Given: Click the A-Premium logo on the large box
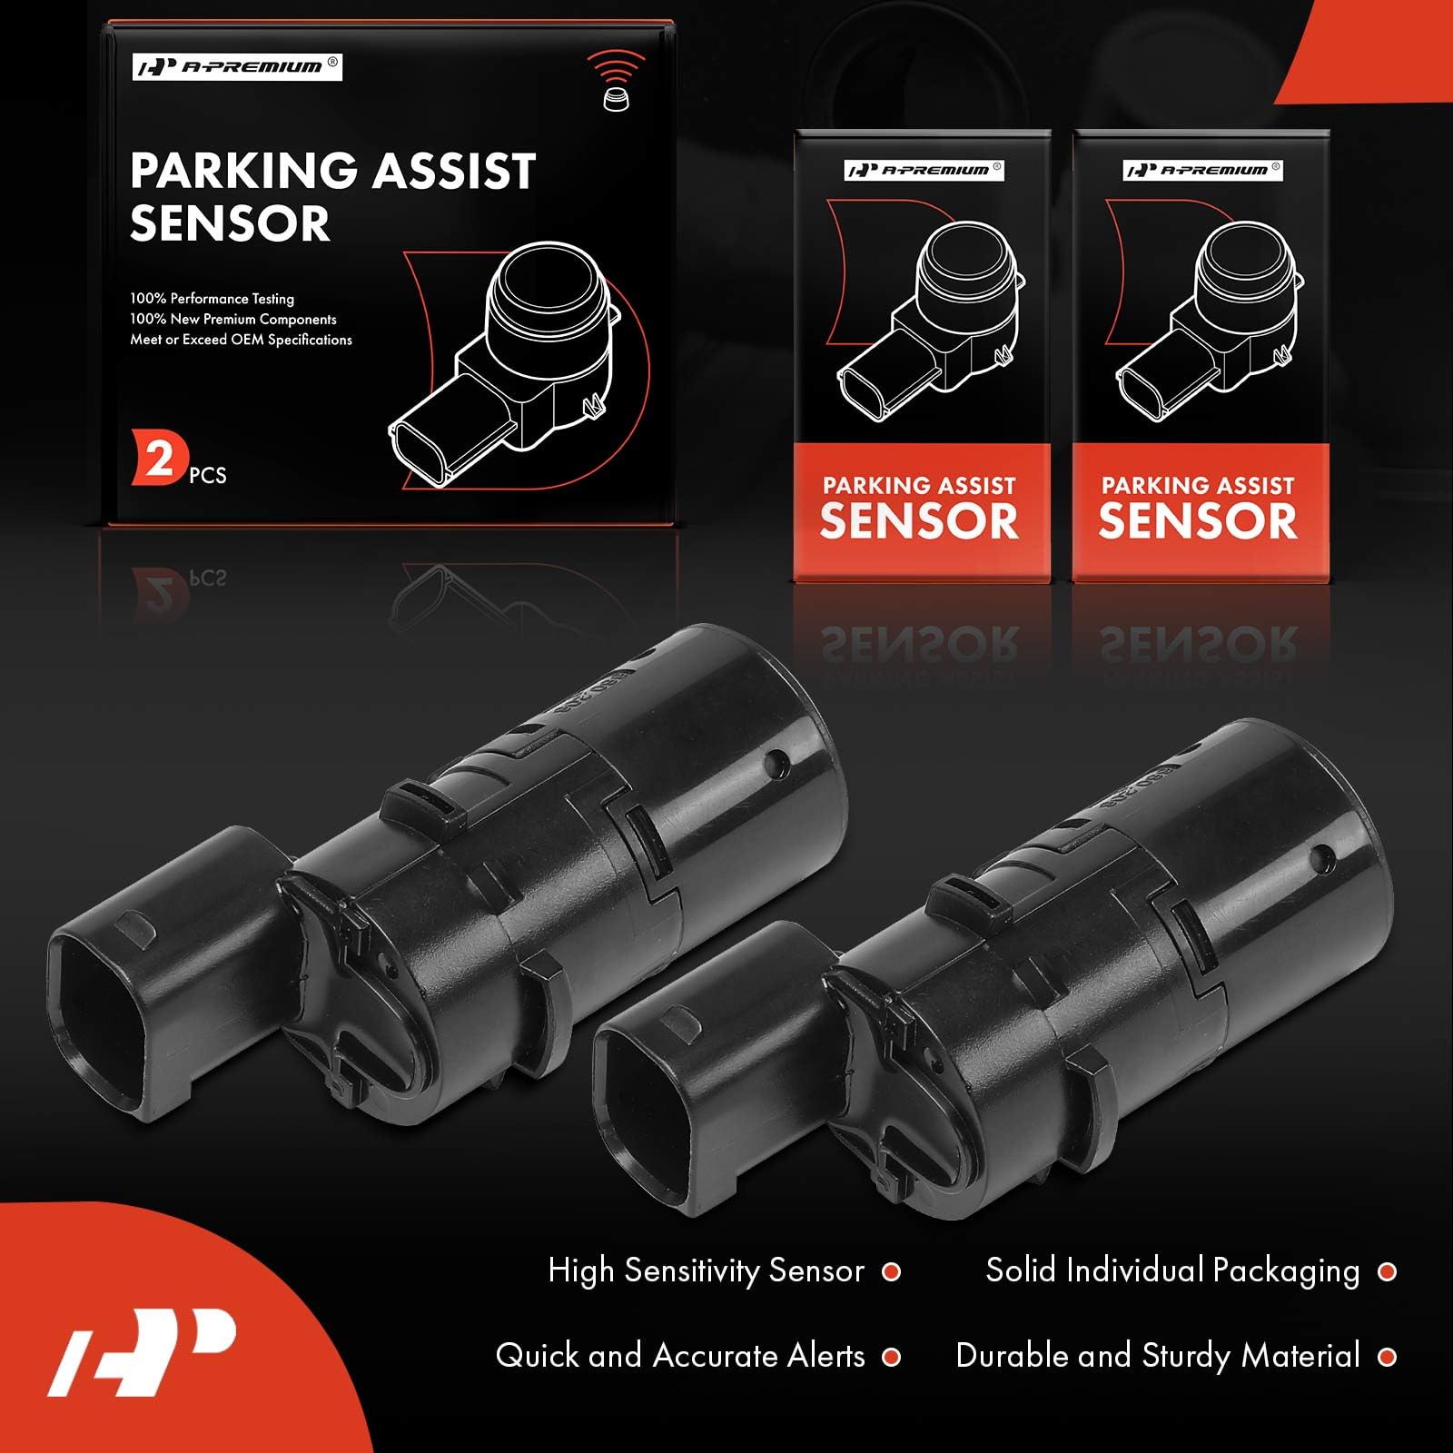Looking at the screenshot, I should point(237,67).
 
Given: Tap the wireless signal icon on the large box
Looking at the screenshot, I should point(616,80).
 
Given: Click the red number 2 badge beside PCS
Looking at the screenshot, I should point(160,459).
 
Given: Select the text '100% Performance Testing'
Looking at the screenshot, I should point(212,298).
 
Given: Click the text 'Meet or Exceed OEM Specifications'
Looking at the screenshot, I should point(241,340).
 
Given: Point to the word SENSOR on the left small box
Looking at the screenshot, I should point(919,520).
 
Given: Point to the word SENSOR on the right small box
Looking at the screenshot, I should point(1198,520).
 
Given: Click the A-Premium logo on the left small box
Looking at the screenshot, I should point(924,170).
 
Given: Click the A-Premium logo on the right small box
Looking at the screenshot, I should point(1202,170).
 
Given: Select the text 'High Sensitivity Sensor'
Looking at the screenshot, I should point(706,1270).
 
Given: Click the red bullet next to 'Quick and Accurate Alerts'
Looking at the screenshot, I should point(892,1357).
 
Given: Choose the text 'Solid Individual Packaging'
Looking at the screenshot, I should point(1172,1270).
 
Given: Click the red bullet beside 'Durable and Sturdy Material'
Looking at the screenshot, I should point(1387,1357).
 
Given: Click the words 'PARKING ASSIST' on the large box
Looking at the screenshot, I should point(333,171).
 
